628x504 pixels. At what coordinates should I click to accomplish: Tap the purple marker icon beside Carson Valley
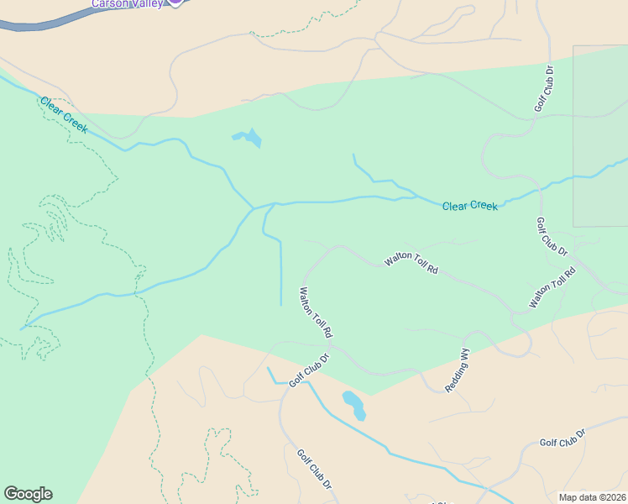(x=175, y=2)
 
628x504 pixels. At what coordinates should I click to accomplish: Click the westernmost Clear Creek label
(x=64, y=113)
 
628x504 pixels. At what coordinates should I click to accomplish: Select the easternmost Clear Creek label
(x=469, y=206)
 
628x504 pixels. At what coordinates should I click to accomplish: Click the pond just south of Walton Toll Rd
(x=354, y=405)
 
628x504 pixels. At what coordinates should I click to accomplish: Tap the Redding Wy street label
(x=458, y=370)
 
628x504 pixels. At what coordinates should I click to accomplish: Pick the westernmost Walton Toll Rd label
(x=316, y=312)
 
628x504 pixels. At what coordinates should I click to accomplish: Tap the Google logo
(x=28, y=494)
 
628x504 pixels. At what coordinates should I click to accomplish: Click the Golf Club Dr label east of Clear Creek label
(x=552, y=237)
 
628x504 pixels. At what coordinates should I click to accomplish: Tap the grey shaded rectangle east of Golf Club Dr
(x=600, y=134)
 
